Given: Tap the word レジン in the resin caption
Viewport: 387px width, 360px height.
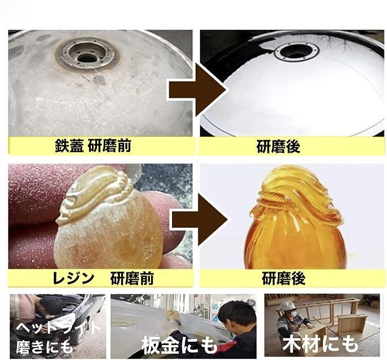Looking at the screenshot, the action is (x=73, y=278).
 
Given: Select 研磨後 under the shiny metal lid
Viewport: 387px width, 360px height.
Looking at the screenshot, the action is (x=278, y=146).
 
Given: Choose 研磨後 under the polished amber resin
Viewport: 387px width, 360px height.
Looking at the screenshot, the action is (x=284, y=278).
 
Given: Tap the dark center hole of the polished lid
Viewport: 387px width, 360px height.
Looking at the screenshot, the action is (x=296, y=51).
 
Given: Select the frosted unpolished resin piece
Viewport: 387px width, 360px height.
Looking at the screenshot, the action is (x=109, y=217).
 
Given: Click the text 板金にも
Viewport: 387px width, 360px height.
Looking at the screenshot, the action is (x=180, y=344).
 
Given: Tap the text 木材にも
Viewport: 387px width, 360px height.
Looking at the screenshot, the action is (x=320, y=343).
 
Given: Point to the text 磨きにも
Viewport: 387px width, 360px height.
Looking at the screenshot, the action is (x=45, y=346).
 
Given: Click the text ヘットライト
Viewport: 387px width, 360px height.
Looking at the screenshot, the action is (x=58, y=328).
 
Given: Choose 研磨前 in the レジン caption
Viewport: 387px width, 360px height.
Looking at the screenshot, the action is (x=132, y=278).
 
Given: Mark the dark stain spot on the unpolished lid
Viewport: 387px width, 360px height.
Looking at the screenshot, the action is (x=99, y=80).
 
